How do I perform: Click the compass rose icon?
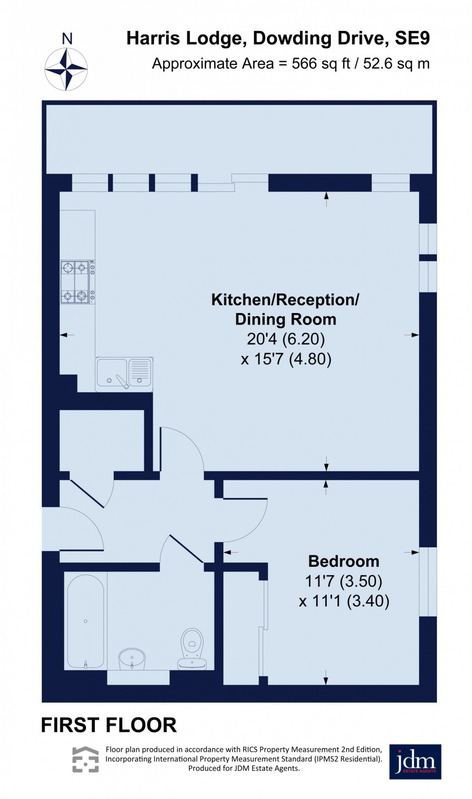[66, 69]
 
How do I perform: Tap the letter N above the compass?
[67, 38]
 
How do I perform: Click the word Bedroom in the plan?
[344, 561]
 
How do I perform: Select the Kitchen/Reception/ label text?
[285, 300]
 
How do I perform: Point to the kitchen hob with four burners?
[78, 282]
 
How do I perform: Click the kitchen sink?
[124, 374]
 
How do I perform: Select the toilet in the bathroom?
[192, 649]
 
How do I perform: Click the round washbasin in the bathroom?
[132, 658]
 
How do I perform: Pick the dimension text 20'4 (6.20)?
[286, 339]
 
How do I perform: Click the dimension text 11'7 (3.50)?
[344, 581]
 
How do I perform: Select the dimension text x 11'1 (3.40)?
[344, 601]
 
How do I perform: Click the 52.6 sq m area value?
[396, 64]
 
